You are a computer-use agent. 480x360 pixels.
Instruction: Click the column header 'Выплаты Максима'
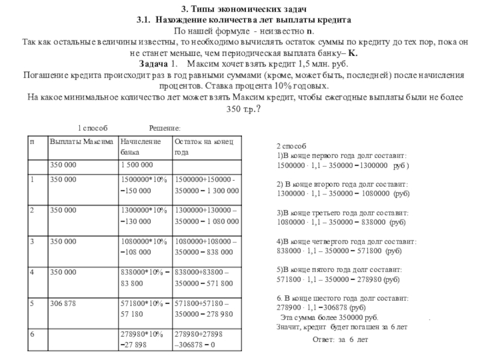[82, 142]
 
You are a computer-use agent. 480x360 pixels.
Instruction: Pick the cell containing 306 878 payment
[62, 304]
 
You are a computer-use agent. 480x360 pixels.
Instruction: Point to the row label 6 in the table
[31, 332]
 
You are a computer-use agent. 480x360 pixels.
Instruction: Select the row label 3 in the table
[31, 241]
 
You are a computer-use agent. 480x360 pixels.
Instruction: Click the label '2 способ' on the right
[291, 146]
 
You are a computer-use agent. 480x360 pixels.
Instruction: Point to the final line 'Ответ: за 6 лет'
[340, 340]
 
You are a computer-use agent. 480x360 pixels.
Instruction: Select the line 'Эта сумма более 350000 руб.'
[329, 317]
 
